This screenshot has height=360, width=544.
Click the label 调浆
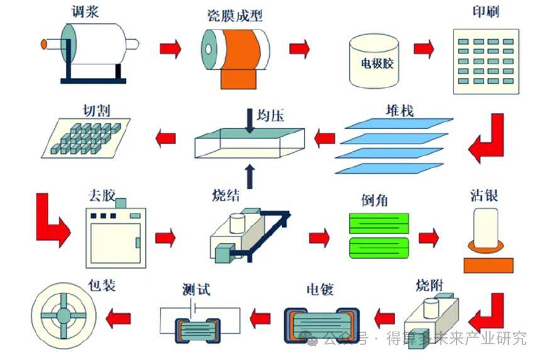[x=85, y=11]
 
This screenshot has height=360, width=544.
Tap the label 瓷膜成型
[x=235, y=16]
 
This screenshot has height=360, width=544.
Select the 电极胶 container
[x=374, y=61]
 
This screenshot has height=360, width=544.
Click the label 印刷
[x=486, y=11]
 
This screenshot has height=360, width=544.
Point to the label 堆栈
[x=400, y=111]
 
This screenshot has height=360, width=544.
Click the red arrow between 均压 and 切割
[x=165, y=138]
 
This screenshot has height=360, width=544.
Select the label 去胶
[x=101, y=196]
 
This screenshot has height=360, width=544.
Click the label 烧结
[x=226, y=196]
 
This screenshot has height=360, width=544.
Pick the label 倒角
[x=375, y=200]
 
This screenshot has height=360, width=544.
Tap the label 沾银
[x=484, y=196]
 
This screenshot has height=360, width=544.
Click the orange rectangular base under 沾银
[x=489, y=266]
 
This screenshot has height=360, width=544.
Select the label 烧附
[x=430, y=285]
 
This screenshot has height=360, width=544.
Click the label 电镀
[x=320, y=289]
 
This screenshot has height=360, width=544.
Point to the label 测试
[x=196, y=289]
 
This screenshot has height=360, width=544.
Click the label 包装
[x=102, y=285]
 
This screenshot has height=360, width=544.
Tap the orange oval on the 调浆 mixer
[x=44, y=44]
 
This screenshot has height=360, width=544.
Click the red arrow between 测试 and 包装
[x=118, y=318]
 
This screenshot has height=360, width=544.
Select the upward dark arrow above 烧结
[x=250, y=176]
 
